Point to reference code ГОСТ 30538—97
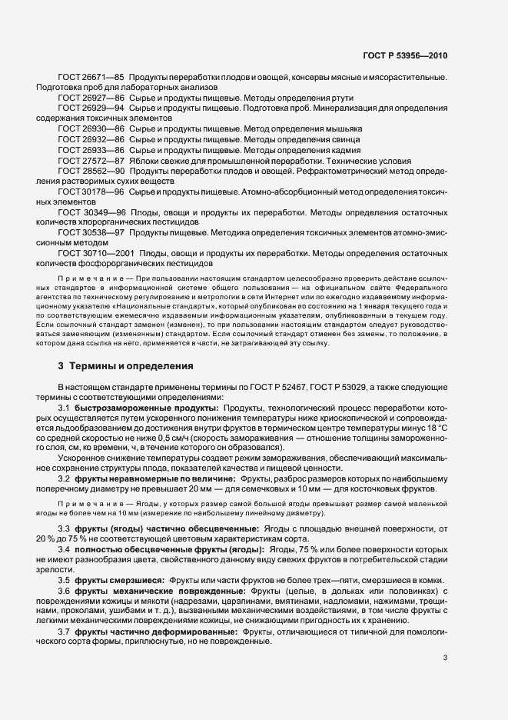(x=91, y=234)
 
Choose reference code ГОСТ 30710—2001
(x=96, y=255)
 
